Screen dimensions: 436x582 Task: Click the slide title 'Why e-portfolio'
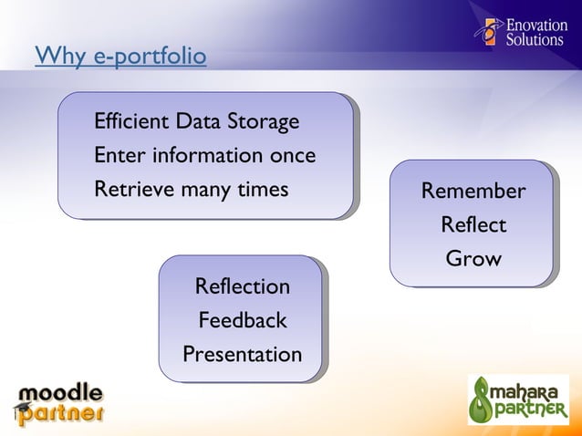tap(120, 57)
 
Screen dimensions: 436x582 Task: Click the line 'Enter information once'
tap(204, 155)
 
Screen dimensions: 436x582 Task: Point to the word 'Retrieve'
tap(131, 190)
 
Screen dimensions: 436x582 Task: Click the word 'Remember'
tap(473, 192)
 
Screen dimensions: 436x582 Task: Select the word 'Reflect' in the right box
tap(473, 224)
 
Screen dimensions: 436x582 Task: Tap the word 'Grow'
tap(473, 258)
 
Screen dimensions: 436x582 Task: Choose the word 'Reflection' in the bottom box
tap(242, 286)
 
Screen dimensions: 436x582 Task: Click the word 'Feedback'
tap(242, 320)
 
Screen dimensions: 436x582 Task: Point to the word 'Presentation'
tap(242, 353)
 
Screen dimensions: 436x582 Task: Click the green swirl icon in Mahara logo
tap(483, 400)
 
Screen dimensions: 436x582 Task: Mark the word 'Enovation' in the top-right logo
tap(535, 25)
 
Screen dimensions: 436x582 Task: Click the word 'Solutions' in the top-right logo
tap(535, 40)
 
